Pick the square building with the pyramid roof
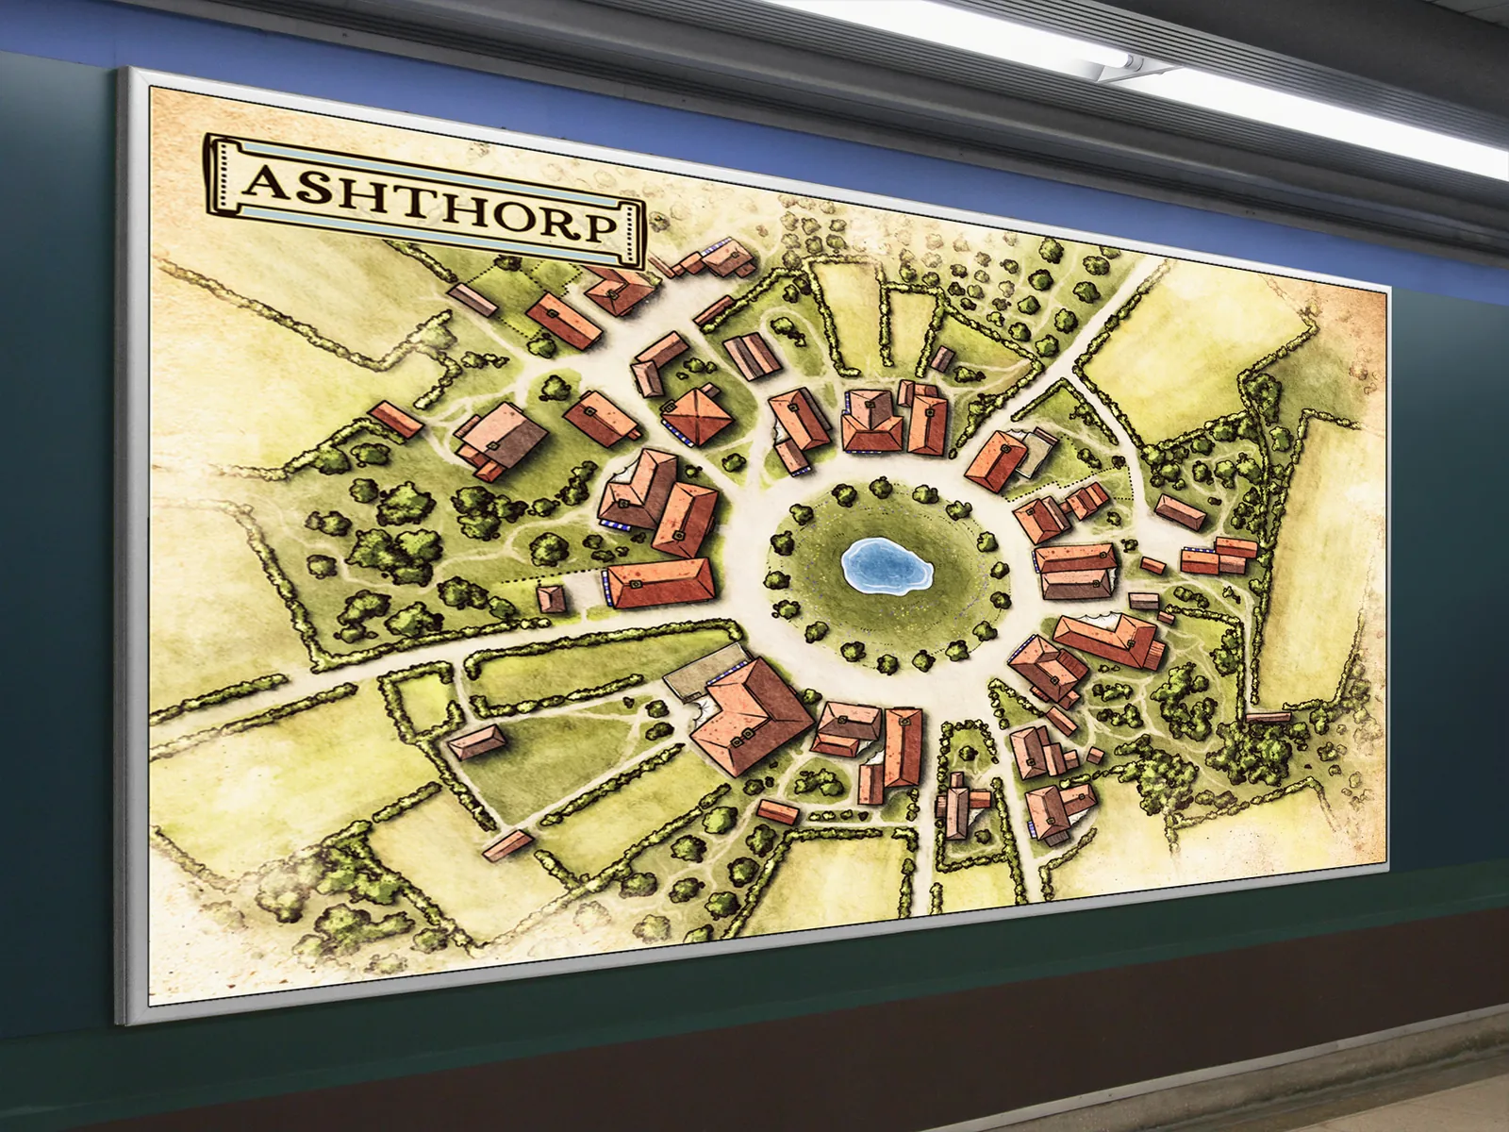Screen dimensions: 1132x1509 point(699,415)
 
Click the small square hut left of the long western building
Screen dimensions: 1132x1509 point(551,598)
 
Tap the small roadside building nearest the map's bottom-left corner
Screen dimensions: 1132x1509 point(507,841)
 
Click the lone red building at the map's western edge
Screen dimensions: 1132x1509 point(395,420)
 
